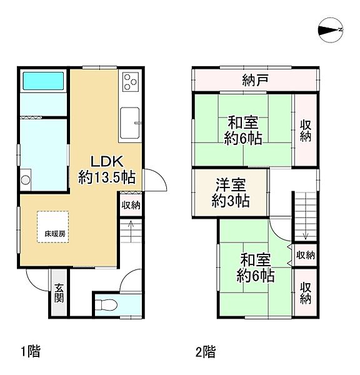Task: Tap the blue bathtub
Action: [43, 81]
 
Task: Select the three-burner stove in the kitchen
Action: [131, 82]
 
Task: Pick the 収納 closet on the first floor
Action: [131, 205]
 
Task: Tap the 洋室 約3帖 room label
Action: [231, 192]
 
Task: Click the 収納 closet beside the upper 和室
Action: [305, 130]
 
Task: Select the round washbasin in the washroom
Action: [26, 181]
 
